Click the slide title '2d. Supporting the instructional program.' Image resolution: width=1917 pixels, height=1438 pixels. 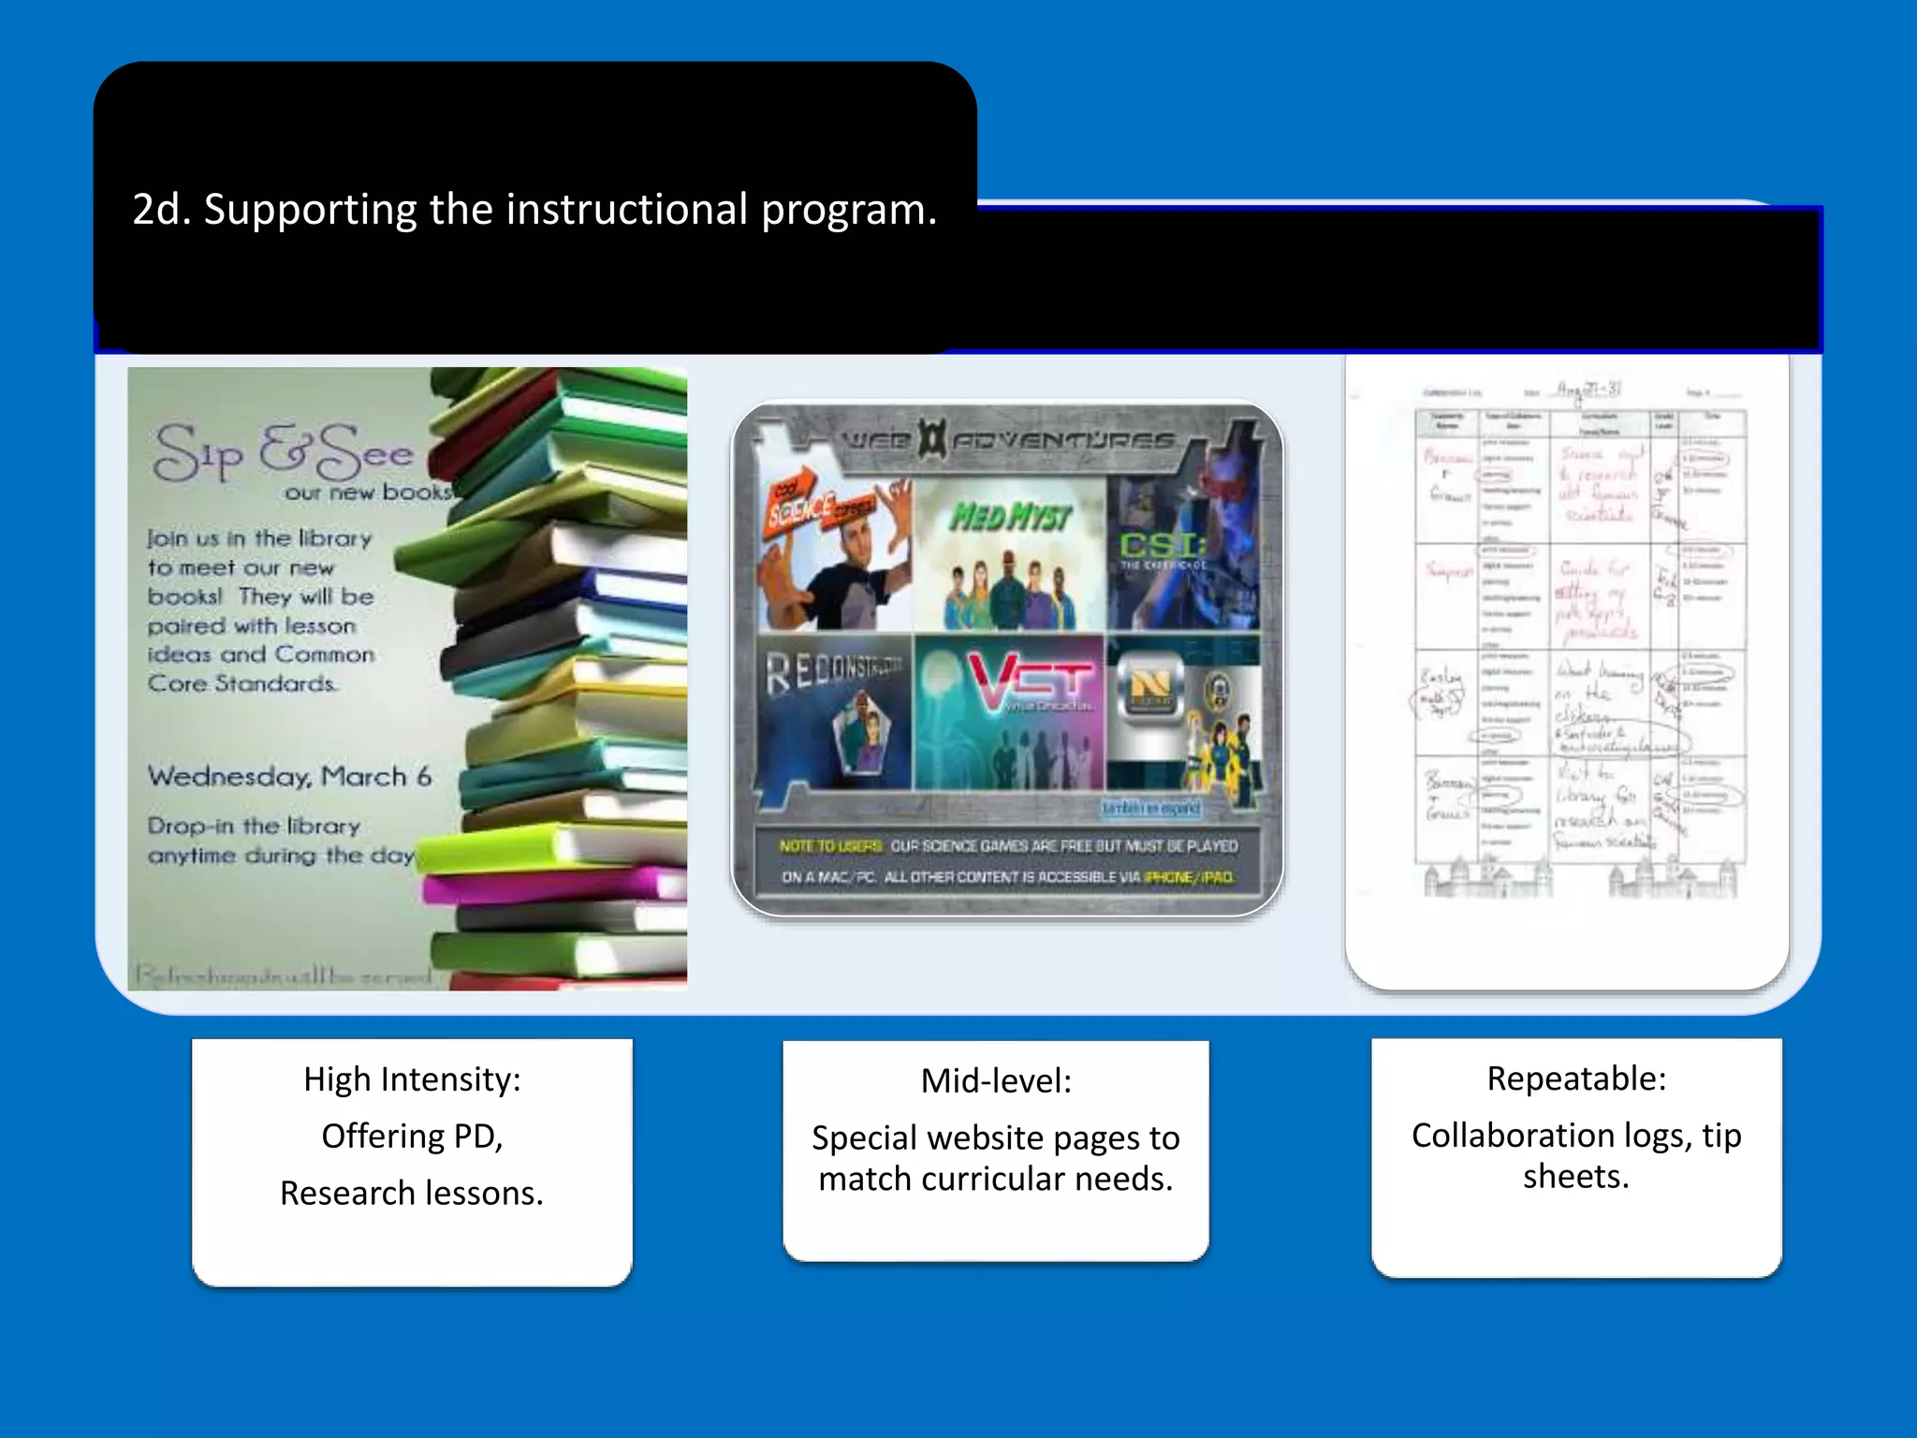click(534, 210)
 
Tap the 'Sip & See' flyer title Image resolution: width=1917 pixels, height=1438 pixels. click(284, 453)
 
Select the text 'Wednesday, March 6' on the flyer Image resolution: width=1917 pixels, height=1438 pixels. click(289, 777)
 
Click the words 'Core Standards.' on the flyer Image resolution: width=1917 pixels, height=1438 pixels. click(241, 684)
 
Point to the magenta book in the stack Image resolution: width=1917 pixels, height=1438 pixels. click(552, 884)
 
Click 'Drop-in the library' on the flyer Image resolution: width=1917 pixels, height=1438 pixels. click(254, 827)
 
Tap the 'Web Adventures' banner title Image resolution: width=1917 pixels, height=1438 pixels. click(1008, 440)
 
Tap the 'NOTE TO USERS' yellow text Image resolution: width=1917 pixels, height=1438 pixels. click(829, 846)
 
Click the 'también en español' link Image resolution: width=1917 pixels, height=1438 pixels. click(1150, 808)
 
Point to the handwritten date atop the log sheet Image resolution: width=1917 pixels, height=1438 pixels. click(1588, 389)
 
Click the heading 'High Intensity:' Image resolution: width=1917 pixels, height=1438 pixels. click(412, 1079)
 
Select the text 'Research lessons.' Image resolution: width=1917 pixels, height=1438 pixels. click(412, 1194)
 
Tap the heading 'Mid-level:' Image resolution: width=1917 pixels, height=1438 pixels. click(996, 1081)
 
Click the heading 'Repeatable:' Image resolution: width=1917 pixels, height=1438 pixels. click(1576, 1078)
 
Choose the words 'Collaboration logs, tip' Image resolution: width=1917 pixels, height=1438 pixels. click(1576, 1136)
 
